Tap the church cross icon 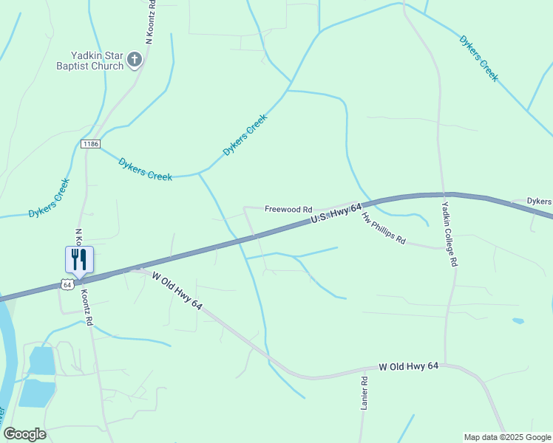tap(135, 60)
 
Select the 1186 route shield tap(90, 143)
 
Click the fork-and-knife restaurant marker tap(79, 259)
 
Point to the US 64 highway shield tap(67, 284)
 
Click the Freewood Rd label tap(288, 210)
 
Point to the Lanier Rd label tap(364, 394)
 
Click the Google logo tap(24, 434)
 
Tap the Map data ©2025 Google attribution tap(507, 437)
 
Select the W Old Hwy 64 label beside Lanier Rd tap(409, 366)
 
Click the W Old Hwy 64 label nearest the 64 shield tap(177, 290)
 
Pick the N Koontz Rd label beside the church tap(150, 22)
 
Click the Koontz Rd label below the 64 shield tap(86, 306)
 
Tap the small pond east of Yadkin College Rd tap(518, 321)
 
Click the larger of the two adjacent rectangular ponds tap(37, 393)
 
